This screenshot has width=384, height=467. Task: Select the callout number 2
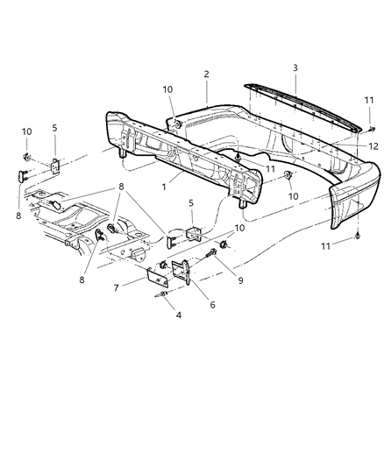pyautogui.click(x=206, y=75)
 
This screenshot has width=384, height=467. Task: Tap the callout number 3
pyautogui.click(x=295, y=67)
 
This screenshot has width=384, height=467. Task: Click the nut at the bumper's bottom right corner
pyautogui.click(x=359, y=237)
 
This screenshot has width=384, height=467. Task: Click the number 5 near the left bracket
pyautogui.click(x=54, y=128)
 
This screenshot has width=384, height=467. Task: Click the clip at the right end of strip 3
pyautogui.click(x=371, y=129)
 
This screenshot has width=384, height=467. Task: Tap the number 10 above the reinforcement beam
pyautogui.click(x=167, y=89)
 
